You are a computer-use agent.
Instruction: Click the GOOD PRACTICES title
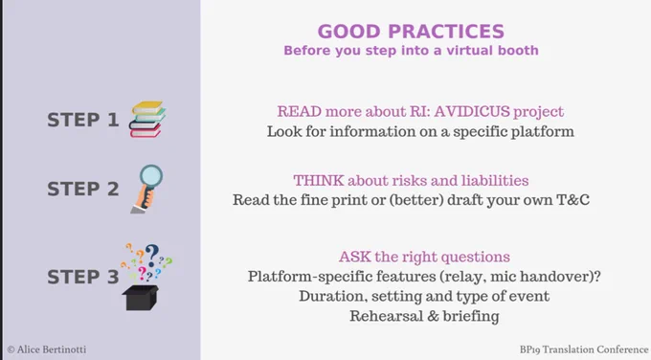coord(411,32)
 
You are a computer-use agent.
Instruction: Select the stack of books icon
coord(147,119)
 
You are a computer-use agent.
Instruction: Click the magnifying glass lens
coord(150,176)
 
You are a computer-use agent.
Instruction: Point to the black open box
coord(141,298)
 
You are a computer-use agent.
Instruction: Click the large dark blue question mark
coord(152,255)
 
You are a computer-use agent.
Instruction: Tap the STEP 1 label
coord(82,120)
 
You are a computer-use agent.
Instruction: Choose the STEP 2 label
coord(82,189)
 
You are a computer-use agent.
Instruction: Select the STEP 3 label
coord(82,277)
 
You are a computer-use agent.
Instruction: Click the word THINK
coord(319,180)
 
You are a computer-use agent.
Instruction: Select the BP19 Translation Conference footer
coord(584,349)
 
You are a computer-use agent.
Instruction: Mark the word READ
coord(300,111)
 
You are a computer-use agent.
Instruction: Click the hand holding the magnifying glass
coord(146,197)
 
